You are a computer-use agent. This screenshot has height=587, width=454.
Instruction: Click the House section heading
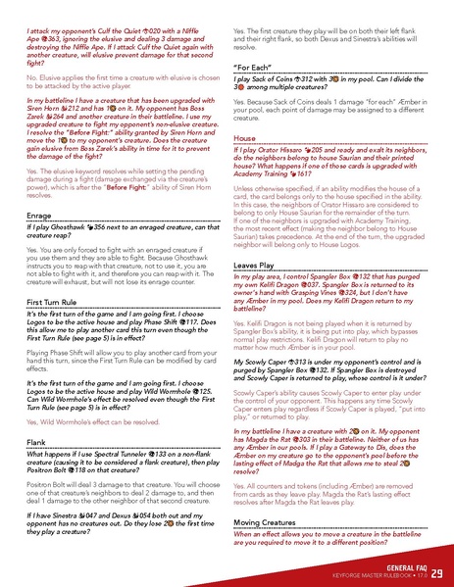245,138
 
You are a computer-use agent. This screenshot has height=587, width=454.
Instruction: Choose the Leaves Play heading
254,237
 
